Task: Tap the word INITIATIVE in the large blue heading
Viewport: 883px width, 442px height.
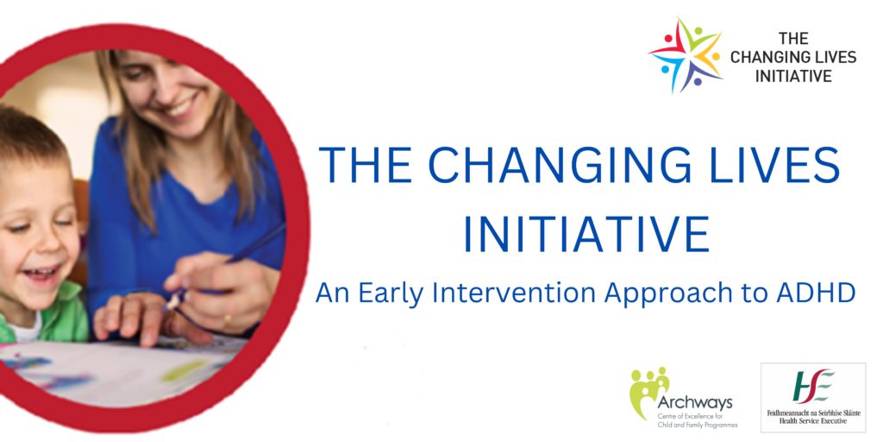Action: click(586, 233)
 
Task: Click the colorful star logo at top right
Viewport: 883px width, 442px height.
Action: click(686, 55)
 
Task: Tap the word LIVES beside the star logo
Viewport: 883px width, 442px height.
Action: click(834, 57)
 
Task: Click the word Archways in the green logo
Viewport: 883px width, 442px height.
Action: click(695, 402)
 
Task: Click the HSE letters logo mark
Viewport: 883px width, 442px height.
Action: click(813, 386)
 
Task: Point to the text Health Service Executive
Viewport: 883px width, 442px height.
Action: click(813, 420)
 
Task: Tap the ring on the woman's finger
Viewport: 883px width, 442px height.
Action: click(226, 322)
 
